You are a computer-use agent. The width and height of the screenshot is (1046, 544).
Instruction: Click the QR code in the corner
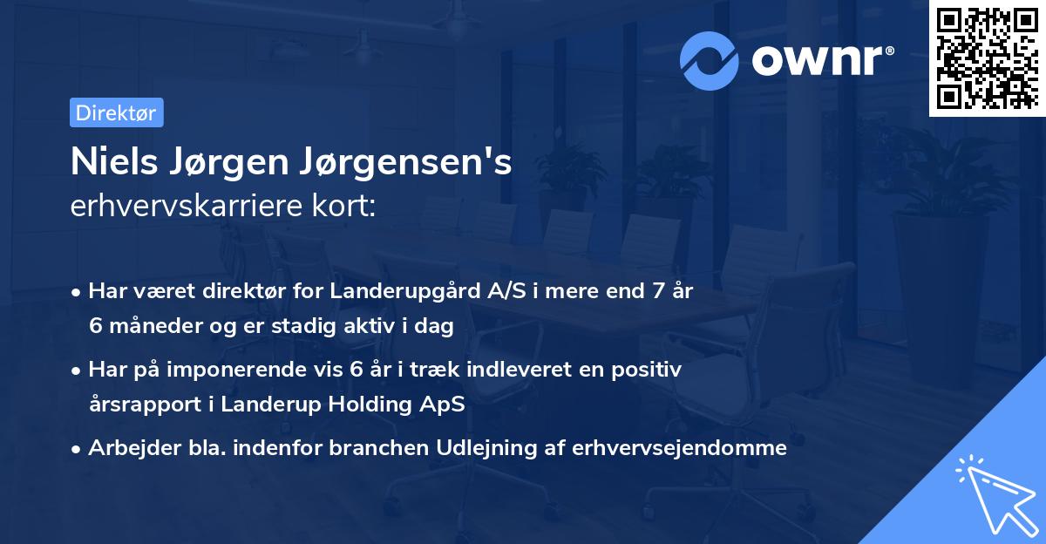986,58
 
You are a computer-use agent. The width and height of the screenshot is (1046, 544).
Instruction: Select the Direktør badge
116,112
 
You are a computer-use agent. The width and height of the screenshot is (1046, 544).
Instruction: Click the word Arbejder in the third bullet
126,448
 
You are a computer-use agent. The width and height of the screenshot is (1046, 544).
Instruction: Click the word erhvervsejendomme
681,448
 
